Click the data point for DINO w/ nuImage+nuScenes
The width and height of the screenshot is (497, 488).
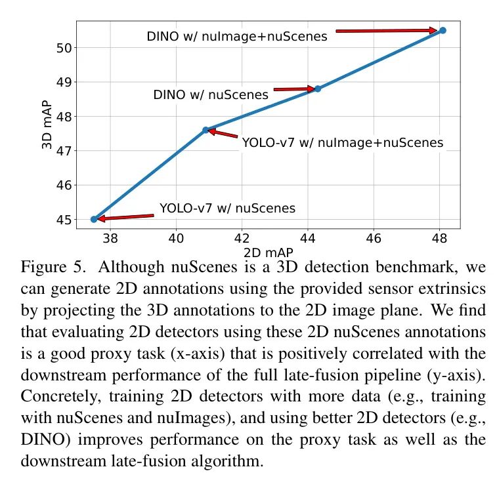click(443, 30)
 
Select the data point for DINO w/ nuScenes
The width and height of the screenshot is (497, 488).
click(318, 89)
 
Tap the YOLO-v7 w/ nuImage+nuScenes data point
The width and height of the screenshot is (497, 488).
click(205, 130)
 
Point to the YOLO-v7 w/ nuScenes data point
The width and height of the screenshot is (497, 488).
click(94, 219)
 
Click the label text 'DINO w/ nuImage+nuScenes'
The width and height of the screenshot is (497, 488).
click(236, 37)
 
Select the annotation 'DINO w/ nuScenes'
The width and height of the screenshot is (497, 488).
click(211, 94)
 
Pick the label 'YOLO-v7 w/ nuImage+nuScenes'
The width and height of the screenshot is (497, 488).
click(342, 142)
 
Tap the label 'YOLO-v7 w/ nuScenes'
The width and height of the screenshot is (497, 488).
click(227, 209)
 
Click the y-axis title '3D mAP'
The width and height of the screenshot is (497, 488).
click(47, 124)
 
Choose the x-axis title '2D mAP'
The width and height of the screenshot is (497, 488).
click(268, 252)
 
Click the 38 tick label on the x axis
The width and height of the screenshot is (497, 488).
click(110, 239)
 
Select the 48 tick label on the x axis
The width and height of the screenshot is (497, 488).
click(440, 239)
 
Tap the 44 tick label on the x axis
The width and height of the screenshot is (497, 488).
click(308, 239)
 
